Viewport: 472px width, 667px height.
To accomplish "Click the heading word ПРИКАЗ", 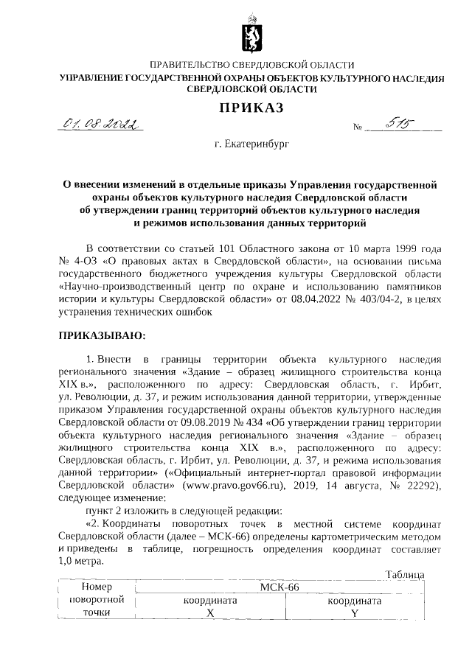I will click(x=250, y=108).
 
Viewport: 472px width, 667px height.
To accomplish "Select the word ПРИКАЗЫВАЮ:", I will click(x=103, y=336).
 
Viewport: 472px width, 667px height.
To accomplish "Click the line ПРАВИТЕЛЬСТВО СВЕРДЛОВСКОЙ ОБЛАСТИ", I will click(x=251, y=66).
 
